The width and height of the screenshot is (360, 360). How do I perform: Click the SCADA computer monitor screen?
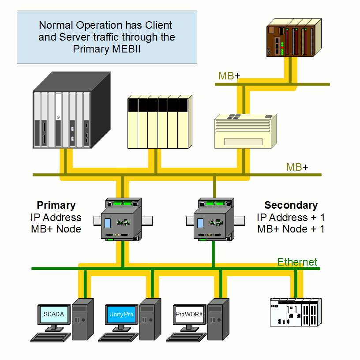coord(54,314)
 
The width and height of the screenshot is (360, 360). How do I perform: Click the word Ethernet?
coord(297,262)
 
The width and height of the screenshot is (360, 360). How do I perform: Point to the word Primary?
coord(56,205)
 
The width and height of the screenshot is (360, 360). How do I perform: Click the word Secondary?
coord(291,205)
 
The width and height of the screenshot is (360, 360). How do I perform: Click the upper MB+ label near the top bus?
coord(229,76)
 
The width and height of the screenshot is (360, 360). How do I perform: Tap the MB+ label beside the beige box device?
coord(297,167)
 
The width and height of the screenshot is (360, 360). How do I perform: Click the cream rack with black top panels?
coord(160,121)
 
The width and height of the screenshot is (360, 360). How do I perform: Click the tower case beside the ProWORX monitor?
coord(218,319)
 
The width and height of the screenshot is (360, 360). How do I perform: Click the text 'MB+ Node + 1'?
coord(291,229)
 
